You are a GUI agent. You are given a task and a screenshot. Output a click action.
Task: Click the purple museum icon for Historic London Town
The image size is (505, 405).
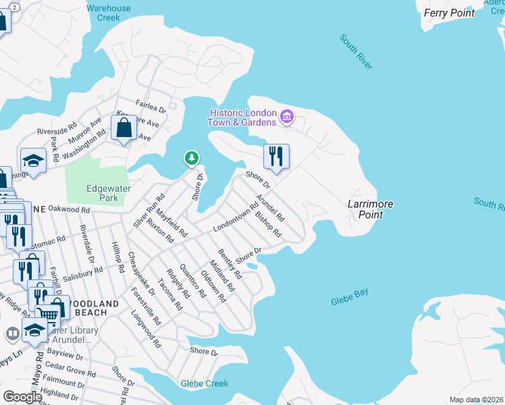tap(286, 117)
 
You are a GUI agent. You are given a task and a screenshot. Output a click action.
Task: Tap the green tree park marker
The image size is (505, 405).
tap(192, 159)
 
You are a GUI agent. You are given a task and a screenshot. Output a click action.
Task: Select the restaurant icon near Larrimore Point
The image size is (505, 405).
tap(276, 157)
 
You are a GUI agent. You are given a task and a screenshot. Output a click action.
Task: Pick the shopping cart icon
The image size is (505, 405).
tap(47, 313)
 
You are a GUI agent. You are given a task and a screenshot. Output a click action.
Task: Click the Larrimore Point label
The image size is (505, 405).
tap(370, 209)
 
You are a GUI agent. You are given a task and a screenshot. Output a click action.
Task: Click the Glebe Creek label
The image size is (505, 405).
tap(205, 383)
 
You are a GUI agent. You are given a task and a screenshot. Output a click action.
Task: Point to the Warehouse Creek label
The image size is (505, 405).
tap(109, 13)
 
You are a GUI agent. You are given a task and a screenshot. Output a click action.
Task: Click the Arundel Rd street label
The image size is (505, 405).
tap(270, 209)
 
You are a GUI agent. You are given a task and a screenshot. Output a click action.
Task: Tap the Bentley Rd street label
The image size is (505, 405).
tap(230, 264)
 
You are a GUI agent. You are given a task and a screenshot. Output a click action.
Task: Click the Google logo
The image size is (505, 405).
tap(22, 397)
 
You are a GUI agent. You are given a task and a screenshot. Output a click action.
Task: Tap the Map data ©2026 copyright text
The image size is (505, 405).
tap(475, 400)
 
